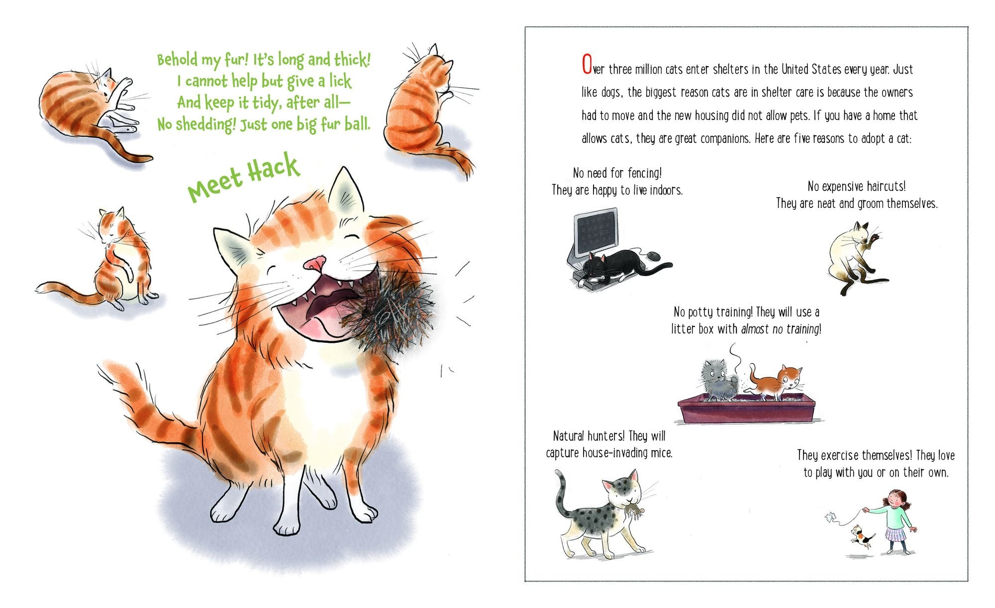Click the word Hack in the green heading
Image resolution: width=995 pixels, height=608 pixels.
tap(274, 168)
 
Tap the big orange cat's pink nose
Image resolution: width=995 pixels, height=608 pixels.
tap(315, 263)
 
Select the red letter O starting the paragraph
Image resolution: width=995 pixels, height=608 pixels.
tap(587, 65)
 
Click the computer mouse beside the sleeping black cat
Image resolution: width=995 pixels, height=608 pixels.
tap(654, 256)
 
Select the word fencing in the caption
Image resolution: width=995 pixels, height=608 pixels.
tap(644, 174)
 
